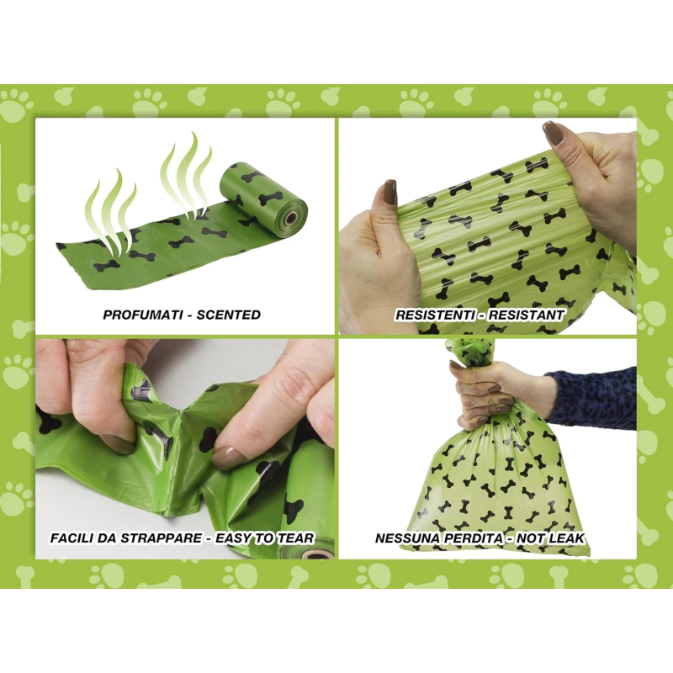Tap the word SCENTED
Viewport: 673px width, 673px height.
[228, 315]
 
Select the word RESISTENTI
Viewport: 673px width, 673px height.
[434, 315]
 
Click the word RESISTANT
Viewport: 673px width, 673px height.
[526, 315]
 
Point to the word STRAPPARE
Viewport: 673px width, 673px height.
[161, 538]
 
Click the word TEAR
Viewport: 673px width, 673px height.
[295, 538]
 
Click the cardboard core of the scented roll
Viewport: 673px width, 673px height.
[291, 218]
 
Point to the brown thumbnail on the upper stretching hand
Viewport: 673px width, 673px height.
[554, 134]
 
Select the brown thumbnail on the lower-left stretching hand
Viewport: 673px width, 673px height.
[389, 194]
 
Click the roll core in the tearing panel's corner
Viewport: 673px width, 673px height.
[318, 555]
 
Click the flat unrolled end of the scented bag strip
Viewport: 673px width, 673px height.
[69, 262]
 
